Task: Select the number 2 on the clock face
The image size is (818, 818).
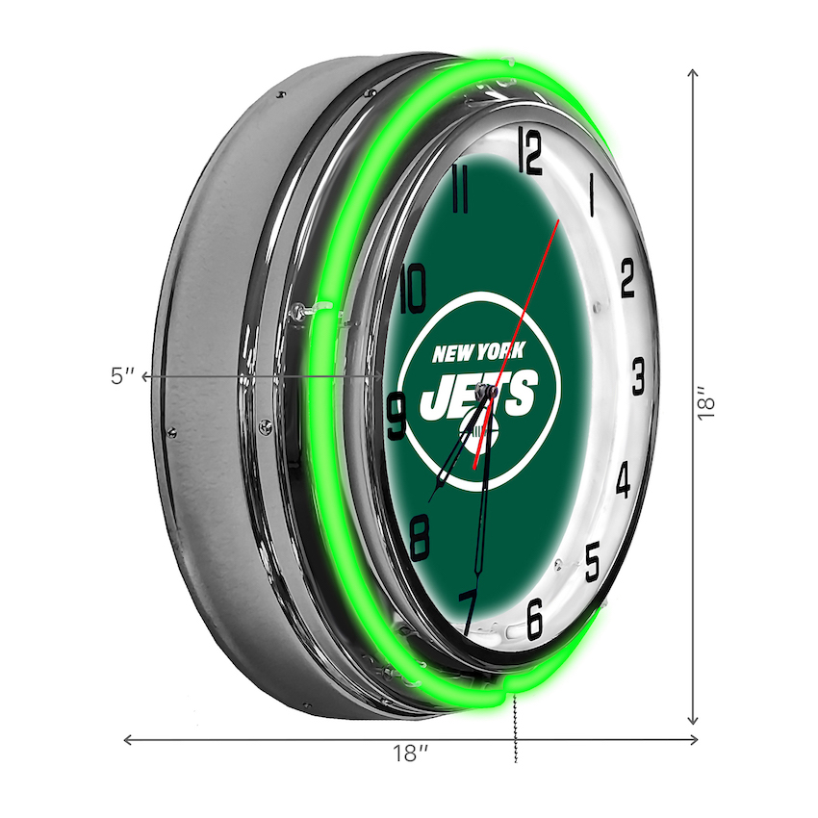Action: pos(627,280)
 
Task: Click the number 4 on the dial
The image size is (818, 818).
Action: pos(623,479)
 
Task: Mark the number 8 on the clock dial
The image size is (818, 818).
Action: pos(420,538)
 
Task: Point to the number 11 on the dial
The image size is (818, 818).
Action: pos(460,190)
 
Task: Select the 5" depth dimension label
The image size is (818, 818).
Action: pos(122,376)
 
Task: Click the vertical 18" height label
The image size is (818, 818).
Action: pos(709,403)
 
